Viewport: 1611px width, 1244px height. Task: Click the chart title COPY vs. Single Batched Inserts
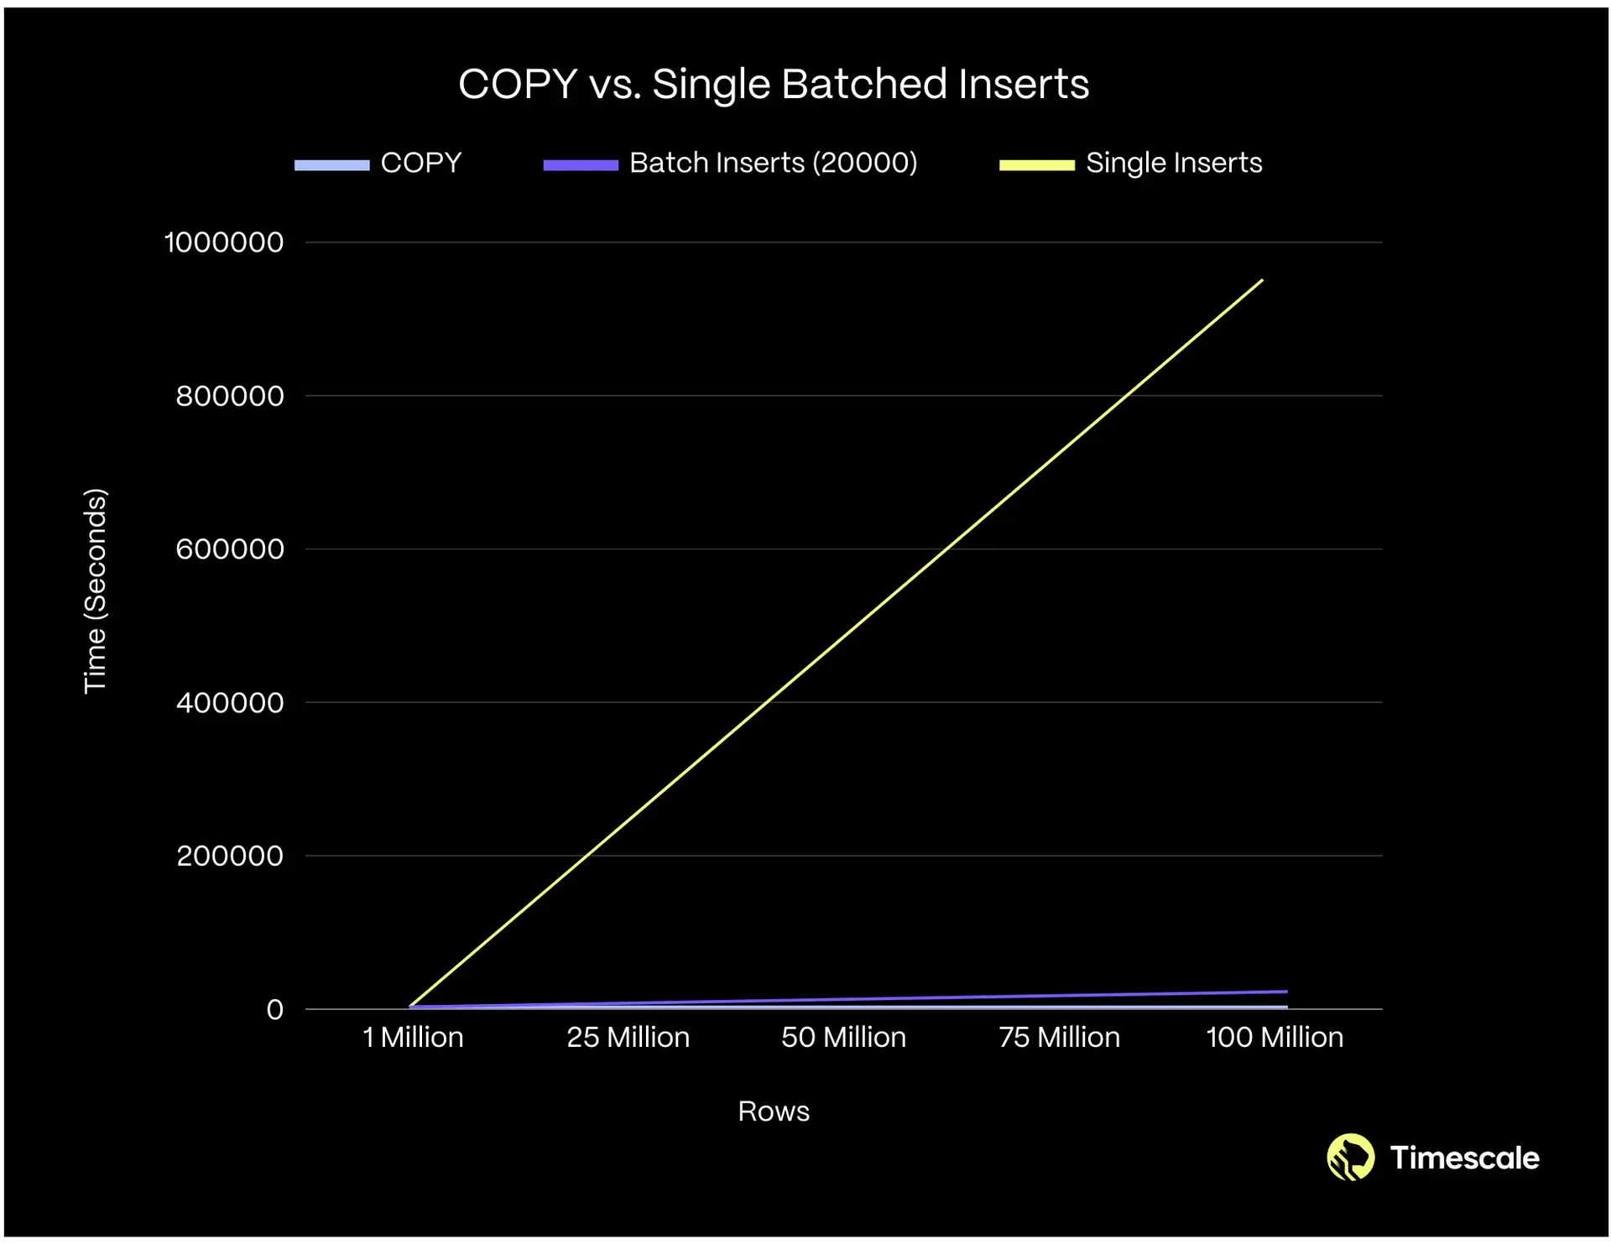tap(773, 85)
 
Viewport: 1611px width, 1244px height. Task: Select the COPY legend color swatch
tap(331, 164)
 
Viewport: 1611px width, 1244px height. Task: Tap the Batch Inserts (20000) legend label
tap(773, 163)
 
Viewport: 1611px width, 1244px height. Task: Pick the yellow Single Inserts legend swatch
tap(1036, 164)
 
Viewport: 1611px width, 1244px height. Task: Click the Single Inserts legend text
tap(1173, 163)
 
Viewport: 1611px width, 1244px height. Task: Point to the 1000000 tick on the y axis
tap(224, 242)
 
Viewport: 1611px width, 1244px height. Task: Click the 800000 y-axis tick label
tap(230, 396)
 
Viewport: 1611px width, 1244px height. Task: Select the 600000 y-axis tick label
tap(230, 549)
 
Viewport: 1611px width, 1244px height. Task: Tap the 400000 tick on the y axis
tap(230, 703)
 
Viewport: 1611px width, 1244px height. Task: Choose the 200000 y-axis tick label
tap(230, 856)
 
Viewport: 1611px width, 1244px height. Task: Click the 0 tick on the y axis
tap(275, 1010)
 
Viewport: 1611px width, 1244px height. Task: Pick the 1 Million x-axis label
tap(413, 1038)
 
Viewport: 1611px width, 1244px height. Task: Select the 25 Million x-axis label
tap(628, 1038)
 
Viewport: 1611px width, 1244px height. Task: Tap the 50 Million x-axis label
tap(843, 1038)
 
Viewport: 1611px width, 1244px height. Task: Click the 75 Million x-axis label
tap(1059, 1038)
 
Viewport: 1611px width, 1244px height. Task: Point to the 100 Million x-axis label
tap(1274, 1038)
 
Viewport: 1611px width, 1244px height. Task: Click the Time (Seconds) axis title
tap(96, 591)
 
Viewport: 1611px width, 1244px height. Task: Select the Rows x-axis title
tap(773, 1111)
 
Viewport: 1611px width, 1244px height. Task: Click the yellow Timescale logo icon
tap(1350, 1158)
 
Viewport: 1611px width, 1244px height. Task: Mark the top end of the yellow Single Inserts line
tap(1262, 280)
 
